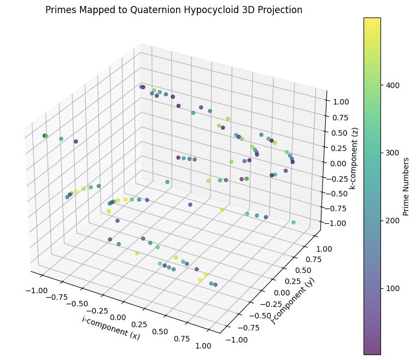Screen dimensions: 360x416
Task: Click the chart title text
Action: tap(174, 10)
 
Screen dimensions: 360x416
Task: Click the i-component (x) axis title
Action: tap(111, 328)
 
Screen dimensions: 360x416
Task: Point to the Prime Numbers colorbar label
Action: tap(406, 186)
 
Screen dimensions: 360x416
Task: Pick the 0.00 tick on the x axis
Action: tap(118, 310)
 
